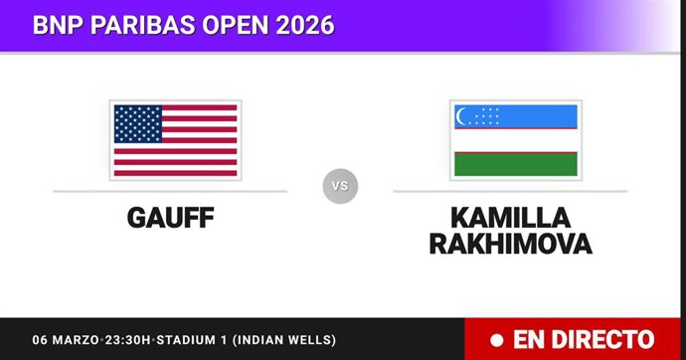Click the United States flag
175,139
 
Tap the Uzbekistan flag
515,139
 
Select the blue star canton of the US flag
139,123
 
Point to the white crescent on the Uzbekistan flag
461,116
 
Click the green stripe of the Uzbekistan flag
515,163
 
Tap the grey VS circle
340,186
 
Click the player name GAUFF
170,217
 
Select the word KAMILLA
510,217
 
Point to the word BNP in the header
55,24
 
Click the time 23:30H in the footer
126,340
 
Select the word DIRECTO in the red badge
604,340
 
